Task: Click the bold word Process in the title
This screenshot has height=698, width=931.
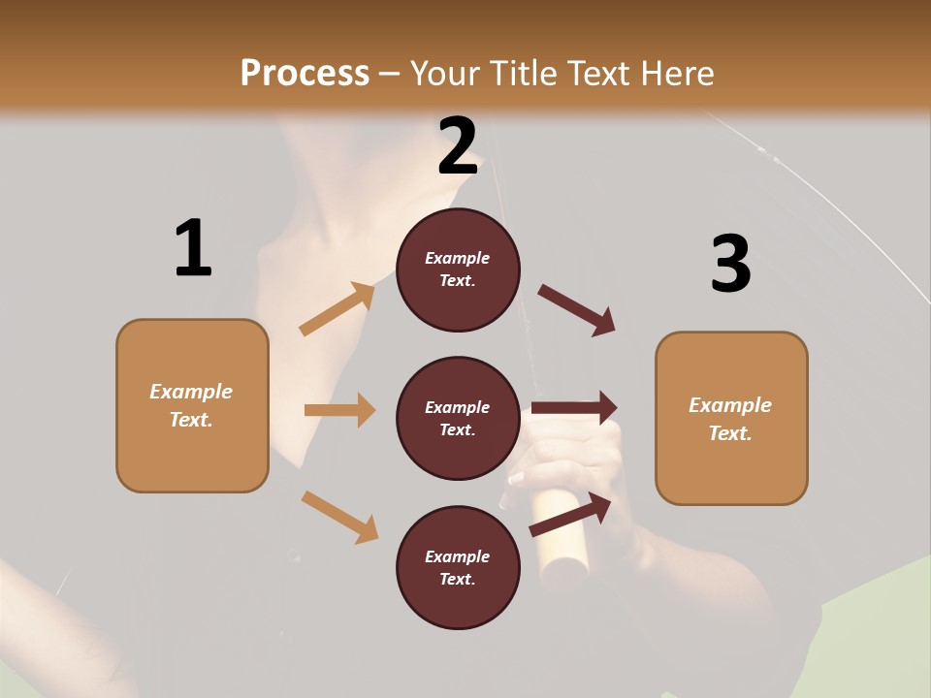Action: [x=305, y=73]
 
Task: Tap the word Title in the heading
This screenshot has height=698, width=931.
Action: [x=523, y=73]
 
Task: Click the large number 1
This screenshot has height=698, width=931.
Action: [x=193, y=248]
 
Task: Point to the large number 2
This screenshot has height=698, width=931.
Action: [x=458, y=146]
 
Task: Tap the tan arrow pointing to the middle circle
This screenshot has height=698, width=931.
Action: [x=339, y=410]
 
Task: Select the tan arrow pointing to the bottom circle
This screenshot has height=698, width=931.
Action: [x=339, y=517]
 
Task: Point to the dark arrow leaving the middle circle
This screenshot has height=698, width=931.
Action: [x=574, y=408]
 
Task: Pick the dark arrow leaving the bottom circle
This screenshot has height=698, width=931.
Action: [x=571, y=514]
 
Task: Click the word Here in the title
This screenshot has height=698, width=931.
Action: [x=677, y=73]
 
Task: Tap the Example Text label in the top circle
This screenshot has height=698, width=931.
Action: [x=458, y=270]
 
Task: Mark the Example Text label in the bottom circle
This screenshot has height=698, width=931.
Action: [x=458, y=568]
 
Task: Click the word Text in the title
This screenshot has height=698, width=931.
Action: [x=599, y=73]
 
